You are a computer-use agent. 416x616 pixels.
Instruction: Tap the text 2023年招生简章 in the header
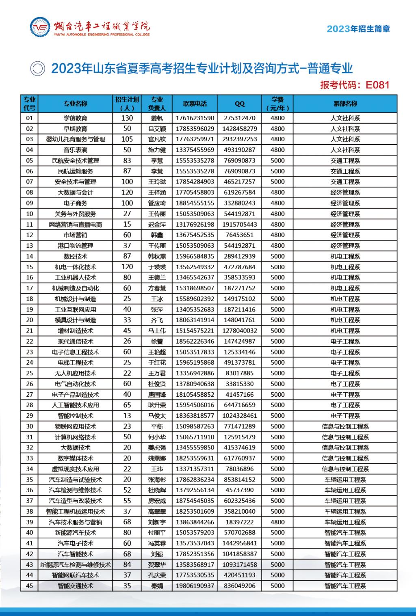[x=358, y=29]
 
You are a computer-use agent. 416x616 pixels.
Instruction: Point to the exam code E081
[x=377, y=85]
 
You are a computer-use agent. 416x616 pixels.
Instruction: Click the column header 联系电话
[x=195, y=104]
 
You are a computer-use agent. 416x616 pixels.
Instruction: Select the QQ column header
[x=240, y=104]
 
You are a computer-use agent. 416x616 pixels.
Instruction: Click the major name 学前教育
[x=76, y=118]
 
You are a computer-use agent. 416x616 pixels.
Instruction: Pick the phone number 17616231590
[x=195, y=118]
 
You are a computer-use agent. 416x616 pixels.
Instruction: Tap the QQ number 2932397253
[x=240, y=139]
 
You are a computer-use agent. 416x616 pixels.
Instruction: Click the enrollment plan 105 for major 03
[x=127, y=139]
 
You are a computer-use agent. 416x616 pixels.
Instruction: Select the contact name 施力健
[x=157, y=150]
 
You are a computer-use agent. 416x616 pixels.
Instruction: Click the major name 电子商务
[x=76, y=203]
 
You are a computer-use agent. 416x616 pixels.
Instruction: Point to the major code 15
[x=29, y=267]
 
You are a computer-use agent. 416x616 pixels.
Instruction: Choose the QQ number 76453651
[x=240, y=235]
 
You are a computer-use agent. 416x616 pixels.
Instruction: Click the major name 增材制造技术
[x=76, y=331]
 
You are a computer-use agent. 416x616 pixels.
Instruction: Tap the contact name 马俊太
[x=157, y=415]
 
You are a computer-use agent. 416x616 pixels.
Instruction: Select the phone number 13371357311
[x=195, y=469]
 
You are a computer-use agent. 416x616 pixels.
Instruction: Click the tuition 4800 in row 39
[x=278, y=522]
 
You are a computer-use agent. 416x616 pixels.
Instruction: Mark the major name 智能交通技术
[x=76, y=586]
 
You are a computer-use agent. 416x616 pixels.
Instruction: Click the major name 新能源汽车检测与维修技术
[x=76, y=564]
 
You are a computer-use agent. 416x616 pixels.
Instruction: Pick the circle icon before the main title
[x=38, y=69]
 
